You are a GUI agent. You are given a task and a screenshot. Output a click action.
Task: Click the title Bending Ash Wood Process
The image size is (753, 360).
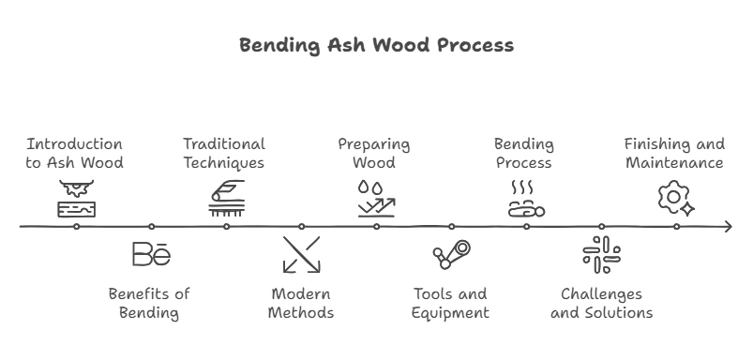pos(376,45)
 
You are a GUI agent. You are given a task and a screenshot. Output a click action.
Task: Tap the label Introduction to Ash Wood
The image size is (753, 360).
pos(75,154)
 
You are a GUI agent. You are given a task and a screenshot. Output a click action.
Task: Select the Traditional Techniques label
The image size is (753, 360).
pos(224,154)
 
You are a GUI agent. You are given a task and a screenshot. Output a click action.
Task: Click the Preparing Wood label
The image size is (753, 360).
pos(374,154)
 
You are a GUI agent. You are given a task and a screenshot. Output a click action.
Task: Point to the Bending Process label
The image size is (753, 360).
pos(524,154)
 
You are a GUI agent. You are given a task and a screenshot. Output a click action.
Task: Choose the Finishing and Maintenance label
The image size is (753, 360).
pos(674,154)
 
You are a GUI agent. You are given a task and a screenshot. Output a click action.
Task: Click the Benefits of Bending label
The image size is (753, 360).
pos(149,303)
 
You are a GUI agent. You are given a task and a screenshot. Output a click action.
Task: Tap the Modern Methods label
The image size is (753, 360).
pos(300,303)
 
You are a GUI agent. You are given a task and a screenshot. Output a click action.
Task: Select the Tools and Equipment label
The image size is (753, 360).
pos(450,303)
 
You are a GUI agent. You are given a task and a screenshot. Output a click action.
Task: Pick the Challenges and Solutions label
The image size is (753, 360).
pos(601,303)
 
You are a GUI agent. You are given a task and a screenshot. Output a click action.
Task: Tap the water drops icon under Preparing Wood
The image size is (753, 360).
pos(375,199)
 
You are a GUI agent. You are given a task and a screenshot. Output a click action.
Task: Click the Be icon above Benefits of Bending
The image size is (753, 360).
pos(151,254)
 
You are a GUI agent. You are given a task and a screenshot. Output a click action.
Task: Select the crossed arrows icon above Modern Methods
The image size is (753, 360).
pos(301,254)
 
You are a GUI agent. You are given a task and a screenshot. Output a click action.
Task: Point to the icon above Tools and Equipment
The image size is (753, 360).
pos(451,254)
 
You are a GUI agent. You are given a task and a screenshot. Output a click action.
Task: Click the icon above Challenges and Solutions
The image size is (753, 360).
pos(601,254)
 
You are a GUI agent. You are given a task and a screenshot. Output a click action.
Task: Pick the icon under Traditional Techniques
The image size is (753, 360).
pos(226,199)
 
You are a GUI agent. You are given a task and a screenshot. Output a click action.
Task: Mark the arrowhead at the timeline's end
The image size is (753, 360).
pos(728,227)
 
